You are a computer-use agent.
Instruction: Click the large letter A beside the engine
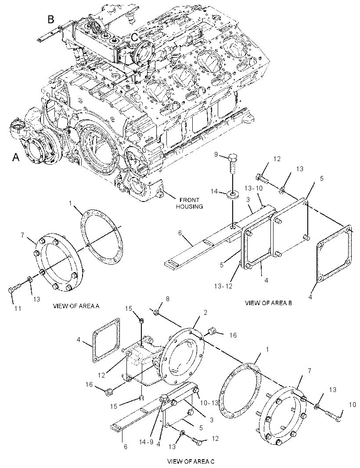(x=16, y=157)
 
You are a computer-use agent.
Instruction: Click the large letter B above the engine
(x=51, y=19)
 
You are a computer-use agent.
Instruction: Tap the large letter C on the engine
(x=135, y=37)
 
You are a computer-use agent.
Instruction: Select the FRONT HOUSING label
(x=189, y=203)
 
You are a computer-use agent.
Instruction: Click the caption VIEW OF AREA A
(x=76, y=306)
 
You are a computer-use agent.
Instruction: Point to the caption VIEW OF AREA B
(x=268, y=303)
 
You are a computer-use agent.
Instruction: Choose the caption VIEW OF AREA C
(x=191, y=461)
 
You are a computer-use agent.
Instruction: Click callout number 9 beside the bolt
(x=216, y=155)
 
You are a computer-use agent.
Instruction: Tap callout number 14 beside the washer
(x=214, y=191)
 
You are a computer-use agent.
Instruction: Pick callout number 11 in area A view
(x=18, y=308)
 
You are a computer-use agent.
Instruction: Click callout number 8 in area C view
(x=167, y=299)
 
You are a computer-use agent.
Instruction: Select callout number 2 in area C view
(x=205, y=313)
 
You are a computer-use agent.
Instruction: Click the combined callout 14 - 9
(x=146, y=442)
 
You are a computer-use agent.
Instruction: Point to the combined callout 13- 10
(x=253, y=188)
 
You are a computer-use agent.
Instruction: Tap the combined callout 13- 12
(x=223, y=286)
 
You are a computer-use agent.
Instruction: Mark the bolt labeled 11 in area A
(x=15, y=288)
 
